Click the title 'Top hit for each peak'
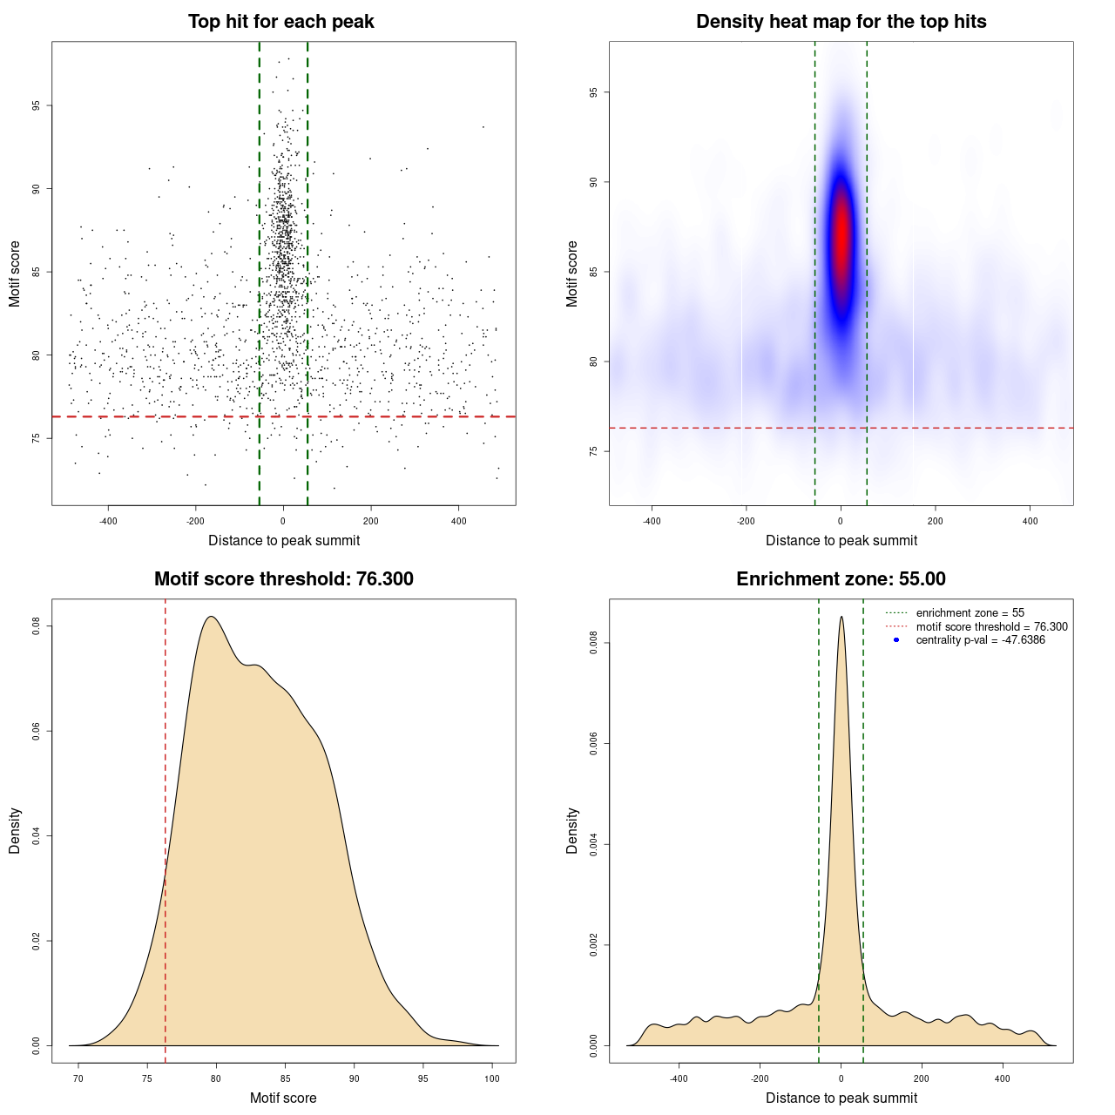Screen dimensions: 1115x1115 point(280,22)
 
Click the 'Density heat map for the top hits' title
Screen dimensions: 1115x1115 point(841,22)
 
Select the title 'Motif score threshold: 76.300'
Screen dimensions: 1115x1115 point(283,579)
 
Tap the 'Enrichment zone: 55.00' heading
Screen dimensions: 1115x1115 point(841,579)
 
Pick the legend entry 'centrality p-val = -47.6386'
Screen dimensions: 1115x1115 point(980,640)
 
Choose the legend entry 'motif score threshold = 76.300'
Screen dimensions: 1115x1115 point(991,627)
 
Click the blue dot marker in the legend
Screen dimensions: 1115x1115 point(896,640)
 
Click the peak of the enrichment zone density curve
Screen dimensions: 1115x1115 point(841,618)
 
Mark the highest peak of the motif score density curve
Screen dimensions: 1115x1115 point(211,618)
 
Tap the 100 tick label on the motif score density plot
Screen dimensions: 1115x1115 point(492,1078)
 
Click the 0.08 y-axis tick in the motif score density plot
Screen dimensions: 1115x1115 point(36,625)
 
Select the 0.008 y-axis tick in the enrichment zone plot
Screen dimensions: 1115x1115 point(593,644)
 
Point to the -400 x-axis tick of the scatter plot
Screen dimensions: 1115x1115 point(108,521)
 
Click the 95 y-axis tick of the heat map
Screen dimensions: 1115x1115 point(593,92)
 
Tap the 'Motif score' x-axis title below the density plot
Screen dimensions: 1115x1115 point(283,1098)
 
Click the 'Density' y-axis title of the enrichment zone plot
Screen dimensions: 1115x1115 point(572,830)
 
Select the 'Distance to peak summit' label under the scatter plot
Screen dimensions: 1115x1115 point(284,540)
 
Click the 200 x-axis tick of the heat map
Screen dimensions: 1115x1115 point(935,521)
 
